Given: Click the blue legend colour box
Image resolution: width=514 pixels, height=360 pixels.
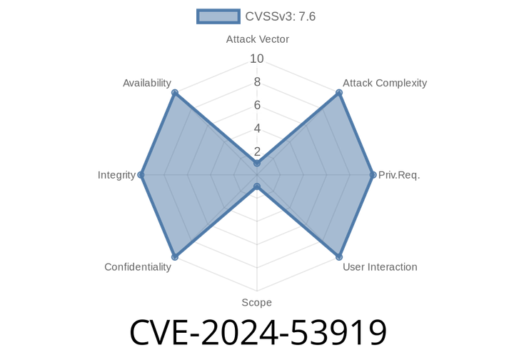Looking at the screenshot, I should click(218, 16).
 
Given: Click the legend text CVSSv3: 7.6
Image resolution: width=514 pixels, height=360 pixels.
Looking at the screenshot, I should click(280, 16).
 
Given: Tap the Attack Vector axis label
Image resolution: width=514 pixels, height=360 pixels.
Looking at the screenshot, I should click(257, 39).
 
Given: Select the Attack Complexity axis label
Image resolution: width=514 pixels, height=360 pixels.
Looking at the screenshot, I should click(384, 83).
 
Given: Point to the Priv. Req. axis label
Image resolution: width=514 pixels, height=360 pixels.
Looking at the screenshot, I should click(399, 174).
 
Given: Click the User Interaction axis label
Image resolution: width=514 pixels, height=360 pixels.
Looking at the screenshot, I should click(379, 267).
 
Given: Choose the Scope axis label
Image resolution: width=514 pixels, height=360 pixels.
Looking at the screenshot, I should click(256, 302).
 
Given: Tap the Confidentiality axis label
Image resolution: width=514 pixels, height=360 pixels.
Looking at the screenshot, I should click(138, 267).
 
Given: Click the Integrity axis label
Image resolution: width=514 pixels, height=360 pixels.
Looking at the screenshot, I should click(116, 174).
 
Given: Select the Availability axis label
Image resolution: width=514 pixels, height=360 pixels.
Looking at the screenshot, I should click(147, 83).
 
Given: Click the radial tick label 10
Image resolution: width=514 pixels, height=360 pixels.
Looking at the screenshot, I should click(257, 59).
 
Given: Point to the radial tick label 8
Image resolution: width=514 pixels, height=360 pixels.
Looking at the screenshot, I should click(257, 82).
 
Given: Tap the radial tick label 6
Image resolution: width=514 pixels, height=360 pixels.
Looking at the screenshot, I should click(257, 105).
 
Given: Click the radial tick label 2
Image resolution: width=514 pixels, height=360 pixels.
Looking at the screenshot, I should click(257, 151).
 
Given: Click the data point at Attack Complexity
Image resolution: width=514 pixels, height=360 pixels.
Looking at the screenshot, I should click(339, 92).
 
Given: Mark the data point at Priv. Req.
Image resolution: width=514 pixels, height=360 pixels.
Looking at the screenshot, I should click(374, 174).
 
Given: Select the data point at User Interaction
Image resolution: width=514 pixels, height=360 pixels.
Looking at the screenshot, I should click(339, 256).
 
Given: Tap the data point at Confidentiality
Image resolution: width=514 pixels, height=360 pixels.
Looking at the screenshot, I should click(174, 256).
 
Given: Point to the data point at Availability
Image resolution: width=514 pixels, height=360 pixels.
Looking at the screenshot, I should click(174, 92).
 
